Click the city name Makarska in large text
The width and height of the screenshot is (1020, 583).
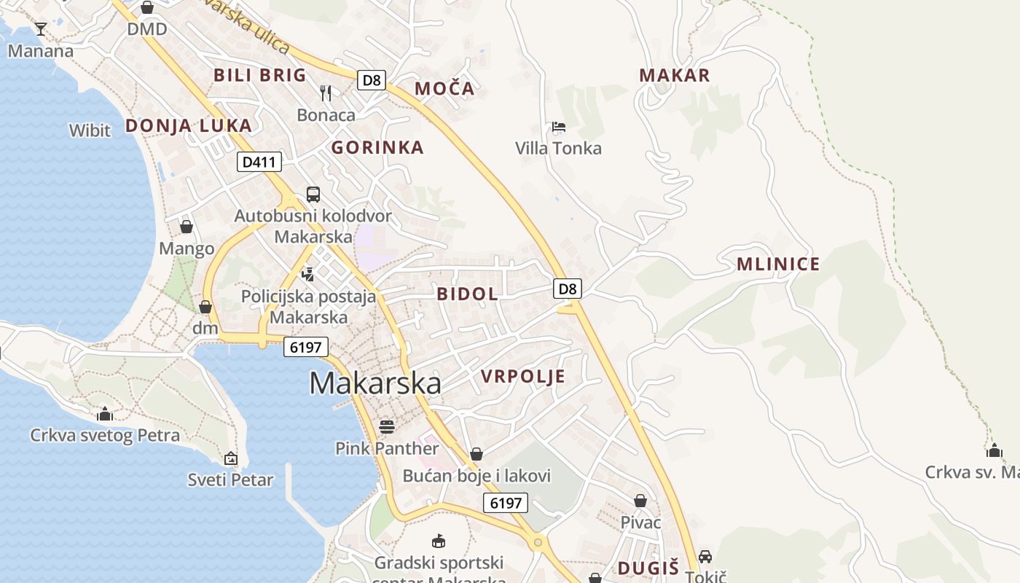375,383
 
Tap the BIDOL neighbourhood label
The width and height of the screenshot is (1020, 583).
468,294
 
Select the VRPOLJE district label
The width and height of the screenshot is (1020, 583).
523,376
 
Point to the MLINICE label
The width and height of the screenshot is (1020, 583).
778,264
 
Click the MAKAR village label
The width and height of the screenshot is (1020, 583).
674,75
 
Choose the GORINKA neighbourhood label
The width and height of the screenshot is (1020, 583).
377,147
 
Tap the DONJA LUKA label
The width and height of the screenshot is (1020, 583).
189,125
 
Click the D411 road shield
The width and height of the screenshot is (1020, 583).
259,162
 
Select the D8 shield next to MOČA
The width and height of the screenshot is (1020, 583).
372,79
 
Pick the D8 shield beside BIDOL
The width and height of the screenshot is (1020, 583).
568,289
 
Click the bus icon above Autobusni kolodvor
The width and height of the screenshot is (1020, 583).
313,195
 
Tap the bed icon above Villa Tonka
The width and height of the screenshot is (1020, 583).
559,127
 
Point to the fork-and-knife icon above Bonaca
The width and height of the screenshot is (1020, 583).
326,93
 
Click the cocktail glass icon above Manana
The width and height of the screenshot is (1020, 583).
41,29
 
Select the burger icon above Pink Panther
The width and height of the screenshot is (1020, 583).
387,426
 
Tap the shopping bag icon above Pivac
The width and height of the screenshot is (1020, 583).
640,501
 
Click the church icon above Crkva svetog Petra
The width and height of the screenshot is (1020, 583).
105,414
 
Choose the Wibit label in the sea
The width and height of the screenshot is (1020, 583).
90,131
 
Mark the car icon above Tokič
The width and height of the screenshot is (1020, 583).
705,557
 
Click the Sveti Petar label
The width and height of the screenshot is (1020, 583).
230,480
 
